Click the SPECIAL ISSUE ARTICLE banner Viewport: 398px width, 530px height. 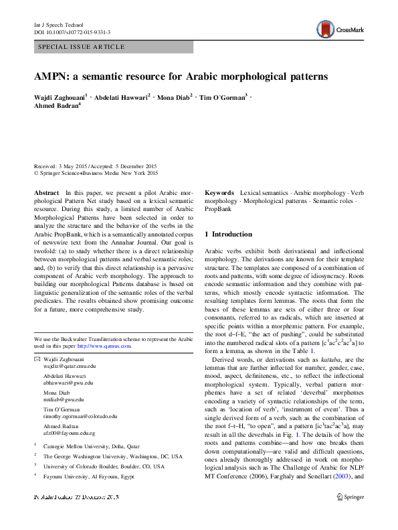click(x=82, y=47)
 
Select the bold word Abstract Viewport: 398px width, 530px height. click(x=46, y=192)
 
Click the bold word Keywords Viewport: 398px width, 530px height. click(x=219, y=192)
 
